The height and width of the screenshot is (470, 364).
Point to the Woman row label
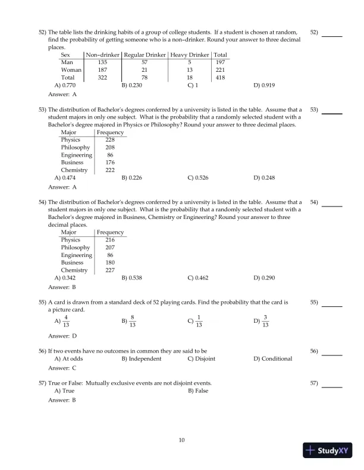[71, 69]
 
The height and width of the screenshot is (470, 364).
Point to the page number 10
[182, 440]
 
